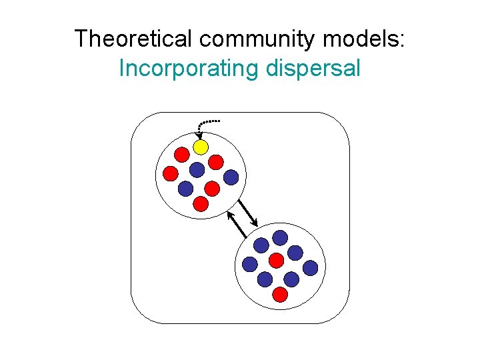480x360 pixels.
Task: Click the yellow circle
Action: [201, 147]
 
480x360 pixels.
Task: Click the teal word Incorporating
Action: [187, 68]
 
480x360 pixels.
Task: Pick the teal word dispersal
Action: [313, 68]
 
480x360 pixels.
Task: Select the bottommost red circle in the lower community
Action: [281, 294]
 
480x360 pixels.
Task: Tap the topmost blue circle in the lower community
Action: [281, 237]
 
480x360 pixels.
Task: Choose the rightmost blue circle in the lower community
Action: [310, 268]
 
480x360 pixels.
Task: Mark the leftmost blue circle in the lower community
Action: [249, 264]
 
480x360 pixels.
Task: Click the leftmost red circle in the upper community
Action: [171, 173]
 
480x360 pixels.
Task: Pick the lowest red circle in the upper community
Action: [201, 204]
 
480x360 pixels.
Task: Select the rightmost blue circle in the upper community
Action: [231, 177]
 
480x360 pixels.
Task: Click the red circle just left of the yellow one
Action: [181, 155]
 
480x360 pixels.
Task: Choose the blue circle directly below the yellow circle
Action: [197, 169]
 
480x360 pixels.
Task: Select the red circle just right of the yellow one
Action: [215, 162]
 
